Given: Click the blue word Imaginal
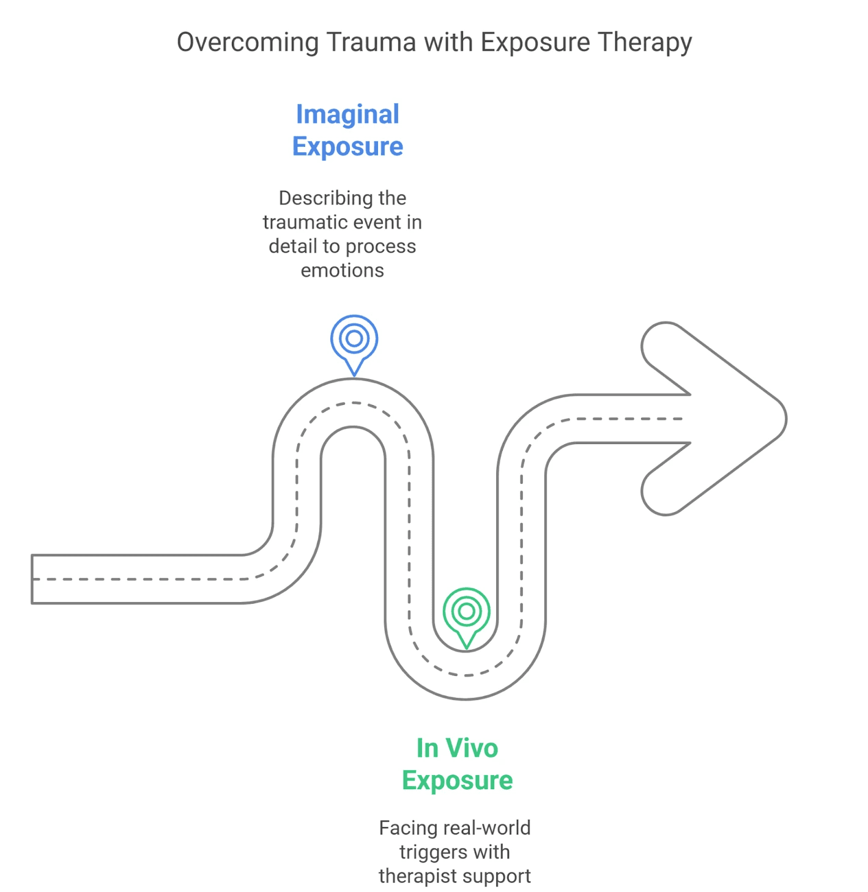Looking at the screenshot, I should point(347,114).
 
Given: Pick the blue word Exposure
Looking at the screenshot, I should point(347,147).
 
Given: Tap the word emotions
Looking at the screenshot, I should point(343,270).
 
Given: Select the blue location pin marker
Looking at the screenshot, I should point(354,340).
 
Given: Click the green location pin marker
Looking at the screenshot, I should point(467,612).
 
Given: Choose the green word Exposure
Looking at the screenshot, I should point(458,781).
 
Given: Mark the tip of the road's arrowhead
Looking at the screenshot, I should point(785,419).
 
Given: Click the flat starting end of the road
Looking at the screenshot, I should point(33,579).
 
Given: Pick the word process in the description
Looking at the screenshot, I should point(380,247).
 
